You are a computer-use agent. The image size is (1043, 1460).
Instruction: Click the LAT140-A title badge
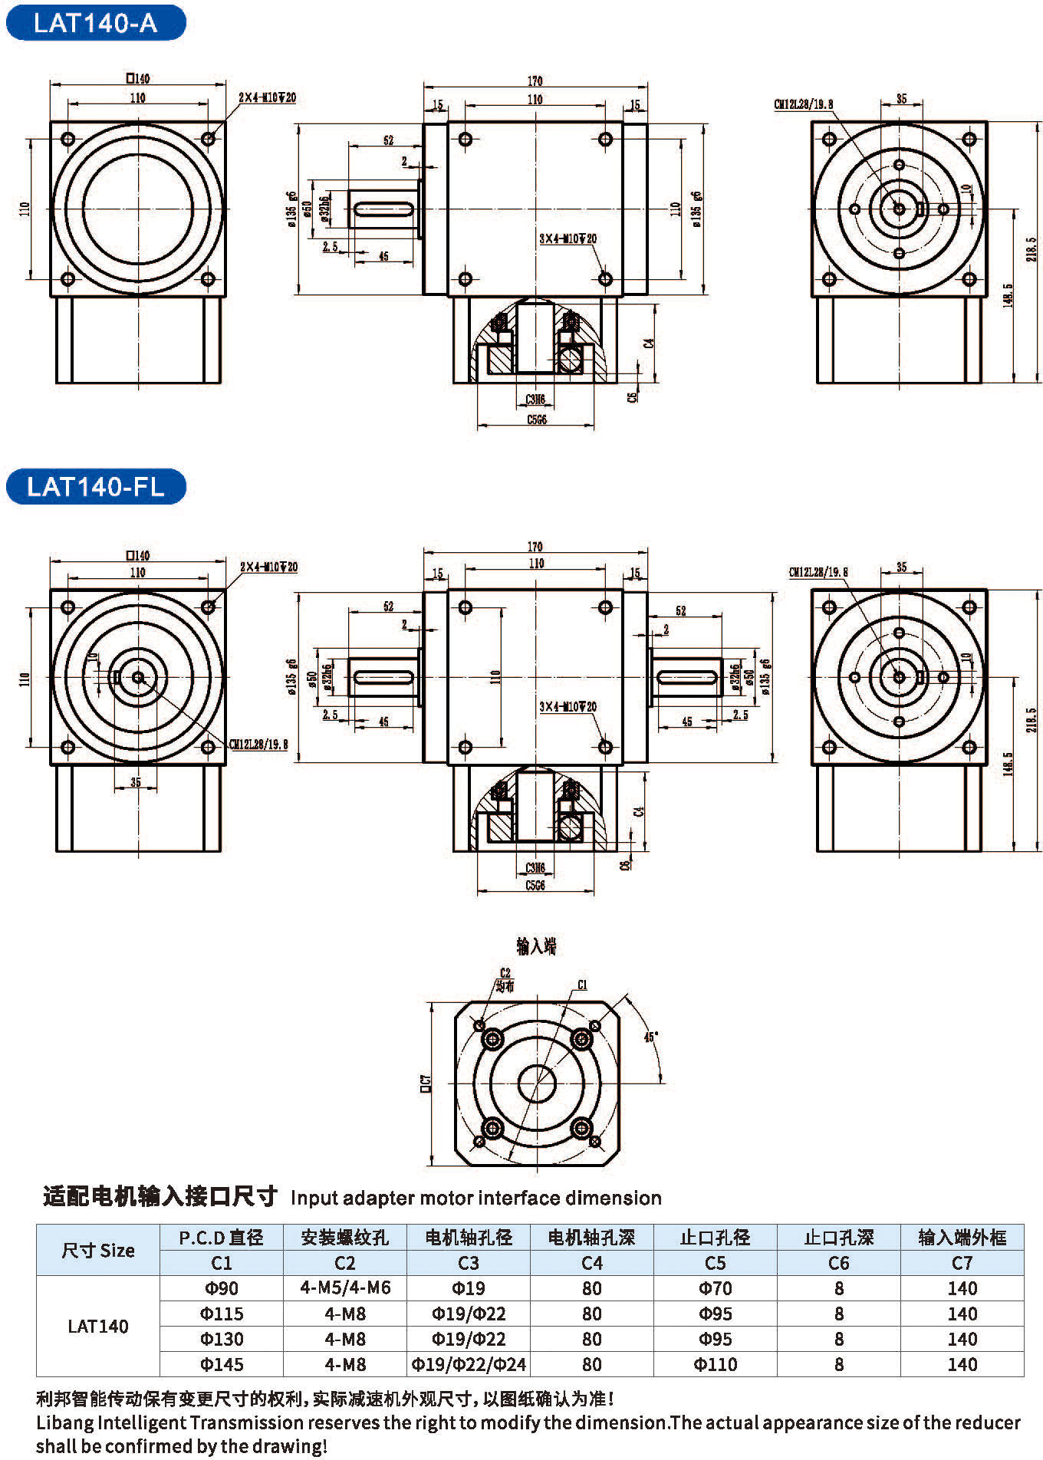pos(95,23)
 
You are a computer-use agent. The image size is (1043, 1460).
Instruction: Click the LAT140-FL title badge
pos(95,487)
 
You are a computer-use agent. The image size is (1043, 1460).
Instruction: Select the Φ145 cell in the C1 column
pos(222,1364)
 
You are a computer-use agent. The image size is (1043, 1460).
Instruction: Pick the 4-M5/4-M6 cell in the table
pos(345,1288)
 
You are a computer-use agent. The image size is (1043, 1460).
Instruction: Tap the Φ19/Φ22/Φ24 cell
pos(469,1364)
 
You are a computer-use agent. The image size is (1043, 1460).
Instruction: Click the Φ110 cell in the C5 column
pos(715,1364)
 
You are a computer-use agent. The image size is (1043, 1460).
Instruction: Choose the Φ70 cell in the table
pos(715,1288)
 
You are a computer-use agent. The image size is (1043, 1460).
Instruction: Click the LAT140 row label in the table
pos(98,1326)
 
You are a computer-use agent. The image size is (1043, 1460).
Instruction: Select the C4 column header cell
pos(592,1263)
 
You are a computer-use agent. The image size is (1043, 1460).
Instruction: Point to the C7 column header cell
pos(962,1263)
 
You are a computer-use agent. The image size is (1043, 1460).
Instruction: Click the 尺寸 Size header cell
pos(98,1250)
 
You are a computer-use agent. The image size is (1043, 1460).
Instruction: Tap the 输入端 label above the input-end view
pos(536,946)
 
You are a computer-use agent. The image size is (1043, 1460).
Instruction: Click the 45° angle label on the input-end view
pos(650,1037)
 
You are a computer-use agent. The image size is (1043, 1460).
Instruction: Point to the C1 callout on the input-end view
pos(583,985)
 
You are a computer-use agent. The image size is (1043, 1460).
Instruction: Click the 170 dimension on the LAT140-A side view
pos(535,81)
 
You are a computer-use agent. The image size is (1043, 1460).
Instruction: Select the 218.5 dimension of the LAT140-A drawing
pos(1031,249)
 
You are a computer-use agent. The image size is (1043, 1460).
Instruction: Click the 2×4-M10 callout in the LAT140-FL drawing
pos(268,567)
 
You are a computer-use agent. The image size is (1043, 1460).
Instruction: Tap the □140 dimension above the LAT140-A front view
pos(138,78)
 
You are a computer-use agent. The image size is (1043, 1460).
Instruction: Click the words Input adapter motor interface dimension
pos(475,1198)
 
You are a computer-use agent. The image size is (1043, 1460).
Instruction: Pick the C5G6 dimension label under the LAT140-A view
pos(537,419)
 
